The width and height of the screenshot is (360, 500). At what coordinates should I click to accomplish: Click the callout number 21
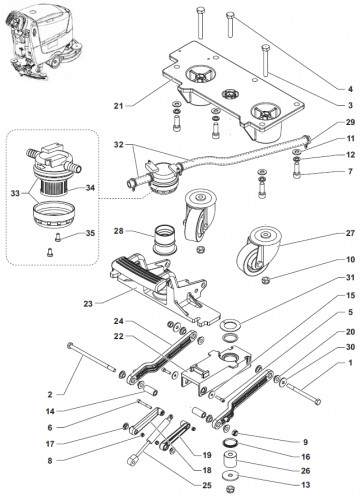click(118, 106)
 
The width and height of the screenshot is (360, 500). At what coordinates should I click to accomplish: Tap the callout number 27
click(350, 233)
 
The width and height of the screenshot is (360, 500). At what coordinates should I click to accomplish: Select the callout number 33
click(15, 193)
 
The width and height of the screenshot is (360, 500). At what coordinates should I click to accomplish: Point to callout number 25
click(207, 485)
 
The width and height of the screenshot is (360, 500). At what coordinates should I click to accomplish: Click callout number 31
click(350, 277)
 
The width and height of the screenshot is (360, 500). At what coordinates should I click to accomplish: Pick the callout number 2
click(50, 395)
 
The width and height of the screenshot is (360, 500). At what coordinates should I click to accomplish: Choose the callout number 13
click(306, 485)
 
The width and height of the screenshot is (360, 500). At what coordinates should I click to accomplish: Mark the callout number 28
click(118, 231)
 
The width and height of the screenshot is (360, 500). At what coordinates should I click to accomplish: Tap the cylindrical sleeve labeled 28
click(164, 240)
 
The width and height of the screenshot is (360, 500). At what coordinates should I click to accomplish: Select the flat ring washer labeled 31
click(231, 324)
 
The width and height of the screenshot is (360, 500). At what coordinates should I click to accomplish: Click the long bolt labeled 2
click(92, 357)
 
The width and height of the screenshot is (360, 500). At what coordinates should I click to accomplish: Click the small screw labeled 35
click(58, 238)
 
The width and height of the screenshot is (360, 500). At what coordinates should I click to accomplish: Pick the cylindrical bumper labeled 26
click(231, 460)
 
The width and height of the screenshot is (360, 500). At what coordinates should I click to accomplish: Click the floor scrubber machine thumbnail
click(42, 42)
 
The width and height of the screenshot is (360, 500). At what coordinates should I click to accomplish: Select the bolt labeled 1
click(304, 393)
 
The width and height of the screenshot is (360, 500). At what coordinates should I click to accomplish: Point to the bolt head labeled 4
click(231, 15)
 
